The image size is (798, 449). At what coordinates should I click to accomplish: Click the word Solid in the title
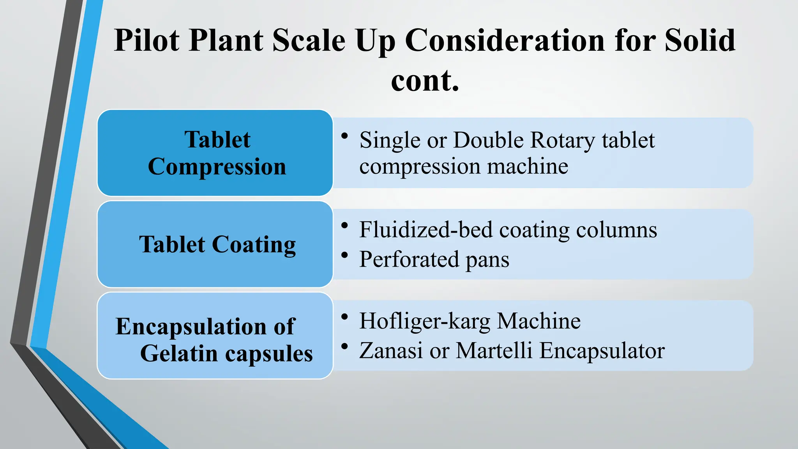pyautogui.click(x=699, y=41)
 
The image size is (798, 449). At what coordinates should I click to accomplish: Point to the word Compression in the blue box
pyautogui.click(x=217, y=167)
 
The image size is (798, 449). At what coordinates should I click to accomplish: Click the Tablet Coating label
pyautogui.click(x=217, y=245)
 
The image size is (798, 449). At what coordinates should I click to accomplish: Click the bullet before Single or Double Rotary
pyautogui.click(x=344, y=136)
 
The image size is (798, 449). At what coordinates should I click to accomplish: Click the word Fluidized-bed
pyautogui.click(x=425, y=230)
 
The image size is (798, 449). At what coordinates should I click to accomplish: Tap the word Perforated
pyautogui.click(x=409, y=260)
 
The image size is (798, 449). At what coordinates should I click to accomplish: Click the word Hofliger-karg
pyautogui.click(x=425, y=322)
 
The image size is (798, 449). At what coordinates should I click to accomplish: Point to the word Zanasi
pyautogui.click(x=391, y=350)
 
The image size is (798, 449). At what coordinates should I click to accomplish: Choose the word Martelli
pyautogui.click(x=494, y=350)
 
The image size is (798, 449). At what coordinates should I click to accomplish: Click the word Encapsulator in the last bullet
pyautogui.click(x=602, y=351)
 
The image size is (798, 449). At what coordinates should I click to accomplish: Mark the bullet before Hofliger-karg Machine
pyautogui.click(x=344, y=316)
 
